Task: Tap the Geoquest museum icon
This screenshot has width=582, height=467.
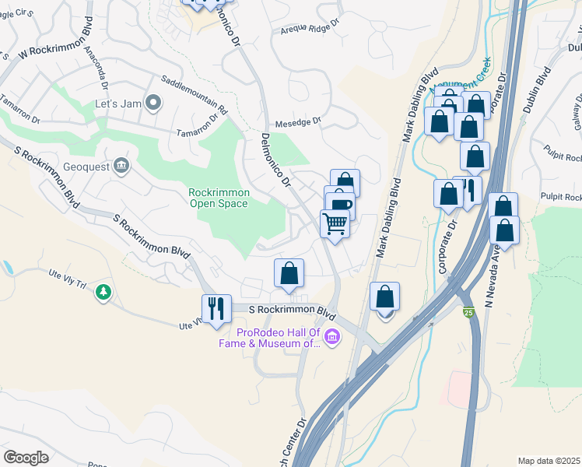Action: (x=121, y=164)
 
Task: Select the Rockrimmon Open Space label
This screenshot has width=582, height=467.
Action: (x=218, y=198)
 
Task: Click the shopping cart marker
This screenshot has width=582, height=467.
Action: (x=335, y=224)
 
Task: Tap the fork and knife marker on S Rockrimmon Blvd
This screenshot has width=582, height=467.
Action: (x=216, y=307)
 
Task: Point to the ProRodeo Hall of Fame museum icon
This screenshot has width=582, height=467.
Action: (x=332, y=337)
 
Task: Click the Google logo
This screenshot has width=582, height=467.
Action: (x=26, y=458)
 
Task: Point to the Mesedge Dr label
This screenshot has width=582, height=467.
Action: (x=298, y=122)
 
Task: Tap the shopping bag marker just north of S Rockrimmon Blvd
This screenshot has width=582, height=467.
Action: (x=289, y=274)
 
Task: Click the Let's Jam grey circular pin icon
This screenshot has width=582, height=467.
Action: (x=153, y=102)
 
